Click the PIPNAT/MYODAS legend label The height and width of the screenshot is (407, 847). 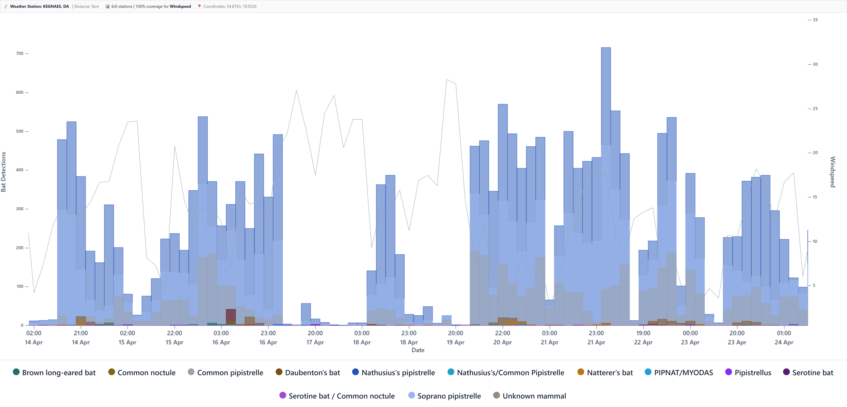(x=683, y=372)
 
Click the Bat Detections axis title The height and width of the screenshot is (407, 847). (x=4, y=172)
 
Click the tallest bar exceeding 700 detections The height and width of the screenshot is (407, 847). (x=606, y=165)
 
